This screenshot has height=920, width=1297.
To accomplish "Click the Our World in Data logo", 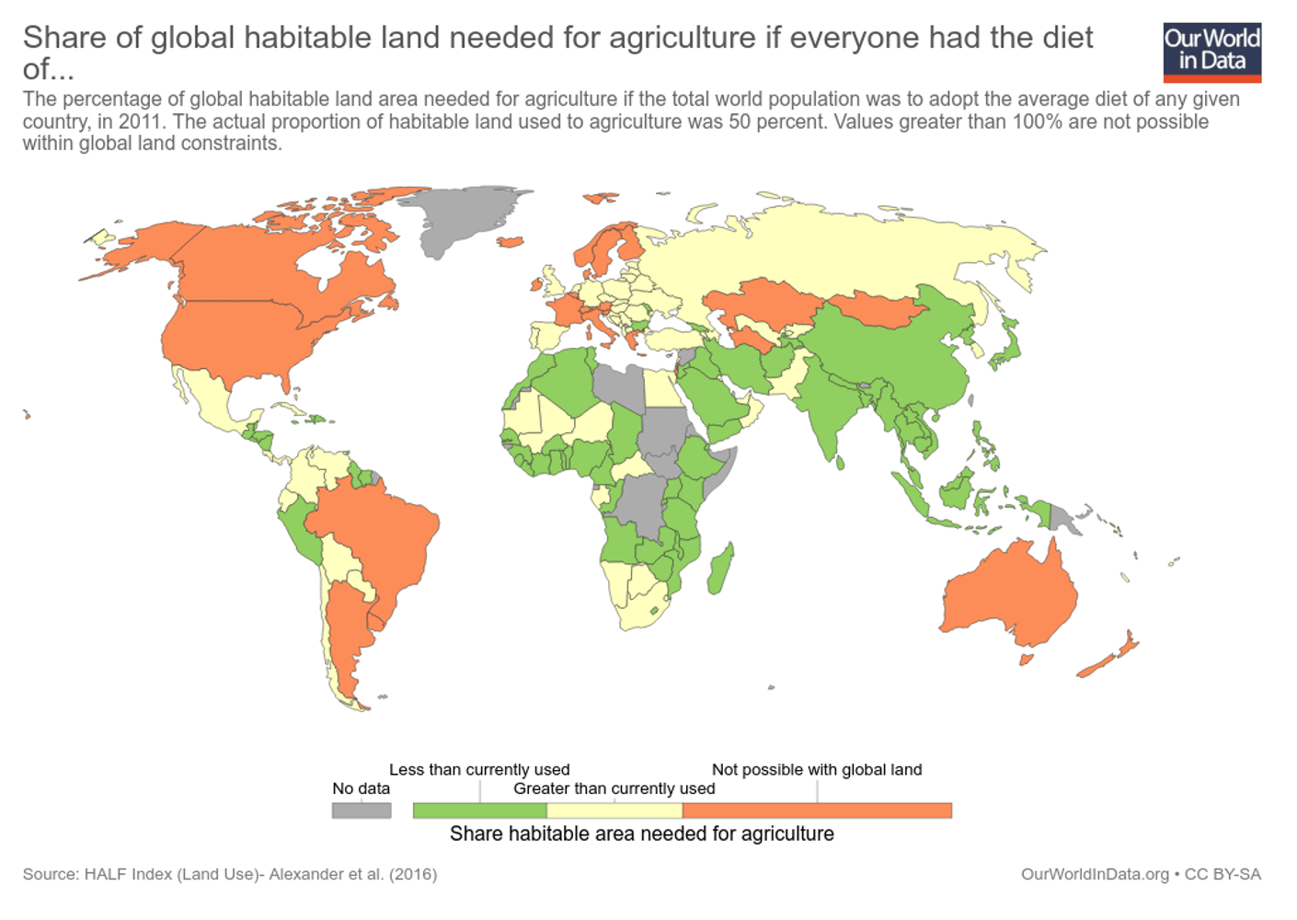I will tap(1211, 52).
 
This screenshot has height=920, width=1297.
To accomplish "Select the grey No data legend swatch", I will tap(362, 811).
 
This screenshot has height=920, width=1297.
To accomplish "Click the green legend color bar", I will tap(479, 811).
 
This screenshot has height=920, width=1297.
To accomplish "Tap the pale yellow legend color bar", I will tap(614, 811).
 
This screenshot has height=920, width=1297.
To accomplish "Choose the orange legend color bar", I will tap(817, 811).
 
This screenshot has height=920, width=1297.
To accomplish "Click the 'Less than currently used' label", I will tap(479, 769).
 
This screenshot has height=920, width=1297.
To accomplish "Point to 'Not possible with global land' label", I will tap(817, 769).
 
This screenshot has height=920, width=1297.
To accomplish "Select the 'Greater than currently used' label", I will tap(614, 788).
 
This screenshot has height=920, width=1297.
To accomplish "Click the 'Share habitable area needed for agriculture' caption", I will tap(642, 834).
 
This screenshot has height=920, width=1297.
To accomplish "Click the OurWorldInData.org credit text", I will tap(1095, 874).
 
